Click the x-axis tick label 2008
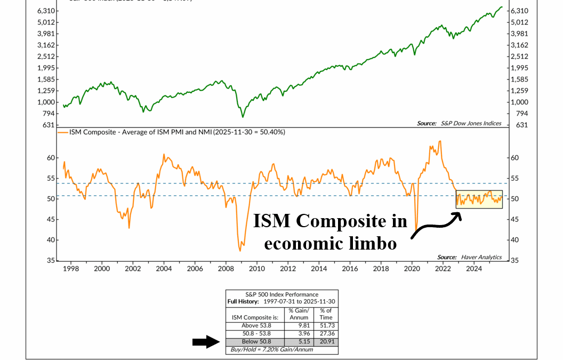point(226,270)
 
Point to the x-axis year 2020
point(412,270)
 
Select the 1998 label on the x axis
point(71,270)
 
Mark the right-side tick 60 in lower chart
point(514,158)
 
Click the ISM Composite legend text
point(176,132)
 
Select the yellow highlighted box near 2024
point(479,199)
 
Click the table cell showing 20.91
point(325,341)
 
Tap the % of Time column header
point(325,314)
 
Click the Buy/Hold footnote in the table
point(270,349)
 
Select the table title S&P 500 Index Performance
point(281,294)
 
